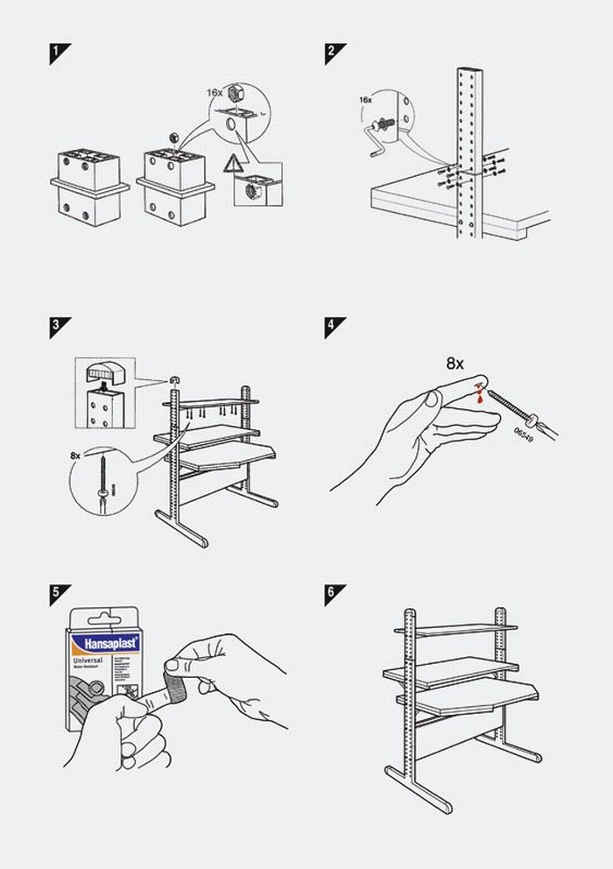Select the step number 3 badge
point(59,325)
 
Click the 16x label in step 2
point(365,101)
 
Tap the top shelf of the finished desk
point(455,628)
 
